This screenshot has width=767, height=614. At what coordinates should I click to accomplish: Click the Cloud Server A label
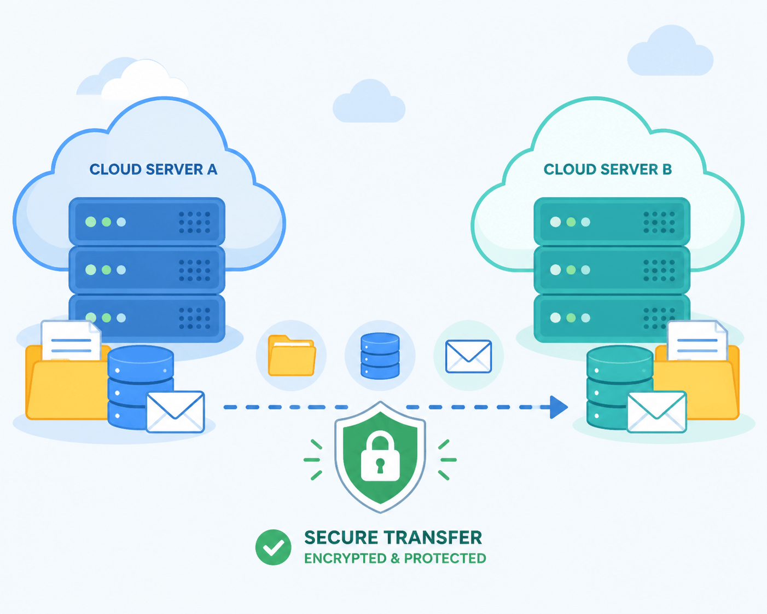point(153,169)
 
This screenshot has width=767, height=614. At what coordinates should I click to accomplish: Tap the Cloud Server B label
point(608,169)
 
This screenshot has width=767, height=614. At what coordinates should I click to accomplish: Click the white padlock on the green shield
point(380,456)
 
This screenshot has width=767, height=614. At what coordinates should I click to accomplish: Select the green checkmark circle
point(274,547)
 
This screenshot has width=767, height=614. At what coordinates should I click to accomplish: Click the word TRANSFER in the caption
point(433,538)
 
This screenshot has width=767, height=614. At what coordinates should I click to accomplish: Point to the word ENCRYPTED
point(345,558)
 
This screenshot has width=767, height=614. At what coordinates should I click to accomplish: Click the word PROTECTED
point(445,558)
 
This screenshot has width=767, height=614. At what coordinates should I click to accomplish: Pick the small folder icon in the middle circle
point(292,356)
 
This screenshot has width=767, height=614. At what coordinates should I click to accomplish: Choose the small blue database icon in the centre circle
point(380,356)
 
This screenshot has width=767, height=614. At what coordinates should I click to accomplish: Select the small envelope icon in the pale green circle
point(469,356)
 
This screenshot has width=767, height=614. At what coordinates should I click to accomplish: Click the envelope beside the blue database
point(176,412)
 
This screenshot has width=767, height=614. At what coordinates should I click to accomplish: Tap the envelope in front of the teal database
point(656,412)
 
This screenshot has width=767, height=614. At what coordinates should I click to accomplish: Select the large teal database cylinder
point(620,387)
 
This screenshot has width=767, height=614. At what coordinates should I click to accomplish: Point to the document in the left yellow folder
point(71,340)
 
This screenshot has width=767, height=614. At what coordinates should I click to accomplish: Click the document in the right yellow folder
point(698,340)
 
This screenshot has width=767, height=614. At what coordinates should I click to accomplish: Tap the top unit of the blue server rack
point(147,222)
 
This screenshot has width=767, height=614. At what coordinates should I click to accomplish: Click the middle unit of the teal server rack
point(612,270)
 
